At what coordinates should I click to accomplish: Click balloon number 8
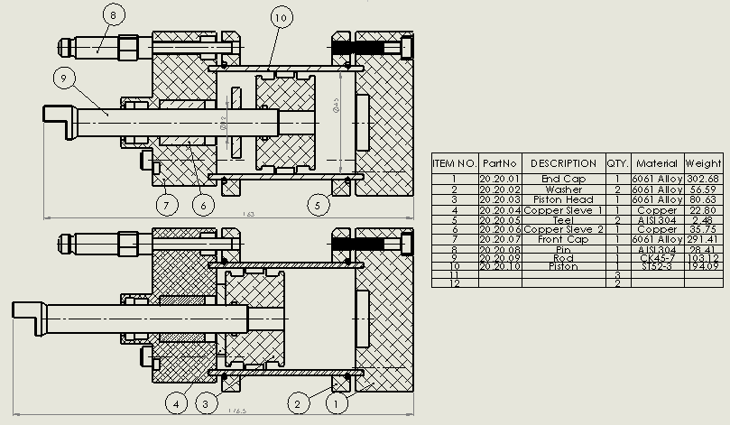click(x=113, y=15)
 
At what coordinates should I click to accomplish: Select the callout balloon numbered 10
click(x=280, y=17)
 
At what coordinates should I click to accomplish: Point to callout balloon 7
click(x=164, y=205)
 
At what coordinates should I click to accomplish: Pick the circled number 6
click(x=204, y=205)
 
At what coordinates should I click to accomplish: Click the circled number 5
click(x=317, y=205)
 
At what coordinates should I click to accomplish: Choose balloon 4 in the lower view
click(x=178, y=402)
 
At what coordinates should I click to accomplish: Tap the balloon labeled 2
click(x=300, y=402)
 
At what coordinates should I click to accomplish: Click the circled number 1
click(x=337, y=402)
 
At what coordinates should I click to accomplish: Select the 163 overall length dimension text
click(x=249, y=215)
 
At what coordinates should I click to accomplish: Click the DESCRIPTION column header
click(x=563, y=163)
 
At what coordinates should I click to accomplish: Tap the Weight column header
click(x=703, y=163)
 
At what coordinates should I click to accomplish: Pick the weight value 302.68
click(x=703, y=179)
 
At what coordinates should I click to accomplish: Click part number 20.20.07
click(x=499, y=240)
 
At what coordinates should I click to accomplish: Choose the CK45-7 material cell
click(x=657, y=257)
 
